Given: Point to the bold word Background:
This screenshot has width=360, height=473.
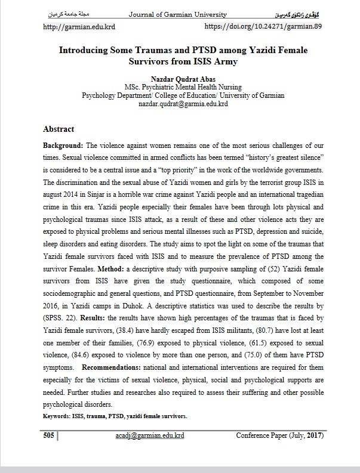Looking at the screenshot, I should click(64, 146).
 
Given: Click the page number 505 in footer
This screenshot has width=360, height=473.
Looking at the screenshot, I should click(49, 436).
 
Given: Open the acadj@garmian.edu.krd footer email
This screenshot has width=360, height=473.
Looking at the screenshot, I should click(149, 436).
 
